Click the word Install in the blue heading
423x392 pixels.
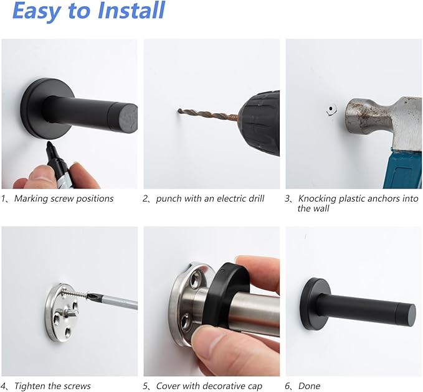click(131, 10)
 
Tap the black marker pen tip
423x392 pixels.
click(49, 145)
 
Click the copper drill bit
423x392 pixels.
click(207, 114)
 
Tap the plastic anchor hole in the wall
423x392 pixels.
click(331, 110)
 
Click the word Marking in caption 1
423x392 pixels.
click(32, 199)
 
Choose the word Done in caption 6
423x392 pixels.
click(309, 386)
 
